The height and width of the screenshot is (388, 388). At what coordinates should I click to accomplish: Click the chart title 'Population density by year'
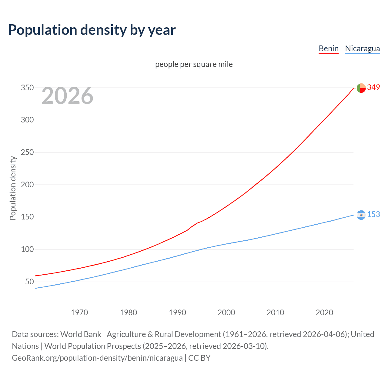92,30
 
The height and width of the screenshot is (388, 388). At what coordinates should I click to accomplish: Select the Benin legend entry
329,48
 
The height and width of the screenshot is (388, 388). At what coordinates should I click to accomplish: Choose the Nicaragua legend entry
362,48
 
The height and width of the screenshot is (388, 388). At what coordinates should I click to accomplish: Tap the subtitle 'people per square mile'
194,64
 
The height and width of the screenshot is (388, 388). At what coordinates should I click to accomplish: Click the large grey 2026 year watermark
67,96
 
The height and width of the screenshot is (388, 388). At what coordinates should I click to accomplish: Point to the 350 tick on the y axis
27,88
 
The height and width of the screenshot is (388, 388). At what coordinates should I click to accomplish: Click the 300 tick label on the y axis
27,120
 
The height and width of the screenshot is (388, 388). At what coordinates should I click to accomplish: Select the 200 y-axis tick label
27,185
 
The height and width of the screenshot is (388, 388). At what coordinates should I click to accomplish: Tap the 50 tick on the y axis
29,282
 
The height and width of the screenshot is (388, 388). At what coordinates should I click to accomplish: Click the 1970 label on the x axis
79,313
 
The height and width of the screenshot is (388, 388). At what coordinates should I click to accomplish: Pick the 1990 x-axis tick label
177,313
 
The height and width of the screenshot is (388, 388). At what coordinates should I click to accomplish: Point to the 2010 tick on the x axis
275,313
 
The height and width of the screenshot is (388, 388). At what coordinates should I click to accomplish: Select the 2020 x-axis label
324,313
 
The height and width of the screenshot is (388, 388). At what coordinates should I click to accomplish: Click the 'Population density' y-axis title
13,188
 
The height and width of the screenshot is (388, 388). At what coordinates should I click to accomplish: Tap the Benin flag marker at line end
361,88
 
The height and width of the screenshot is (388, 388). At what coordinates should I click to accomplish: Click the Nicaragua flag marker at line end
361,215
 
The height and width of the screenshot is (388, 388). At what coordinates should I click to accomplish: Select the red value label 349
373,88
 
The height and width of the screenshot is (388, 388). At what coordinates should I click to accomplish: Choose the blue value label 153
373,215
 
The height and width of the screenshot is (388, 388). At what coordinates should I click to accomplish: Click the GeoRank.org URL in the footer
97,358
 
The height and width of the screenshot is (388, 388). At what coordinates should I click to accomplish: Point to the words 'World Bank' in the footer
81,334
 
